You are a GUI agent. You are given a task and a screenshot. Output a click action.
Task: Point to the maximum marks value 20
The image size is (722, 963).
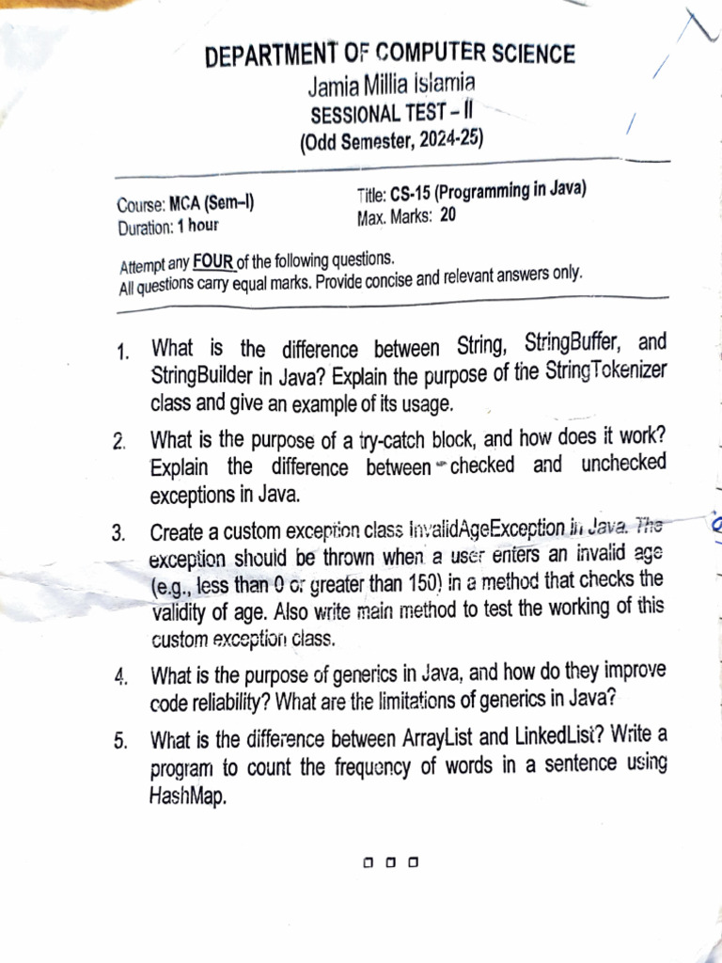[447, 215]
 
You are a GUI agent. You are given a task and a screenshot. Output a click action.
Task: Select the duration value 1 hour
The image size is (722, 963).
[197, 227]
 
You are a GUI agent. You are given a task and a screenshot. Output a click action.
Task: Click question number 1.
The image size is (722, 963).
[122, 354]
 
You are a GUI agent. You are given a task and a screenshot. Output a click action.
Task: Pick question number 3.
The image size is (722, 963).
[118, 533]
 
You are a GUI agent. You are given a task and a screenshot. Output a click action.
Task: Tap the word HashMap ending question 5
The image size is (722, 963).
[188, 797]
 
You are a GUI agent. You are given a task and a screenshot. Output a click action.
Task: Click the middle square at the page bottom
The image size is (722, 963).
[389, 860]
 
